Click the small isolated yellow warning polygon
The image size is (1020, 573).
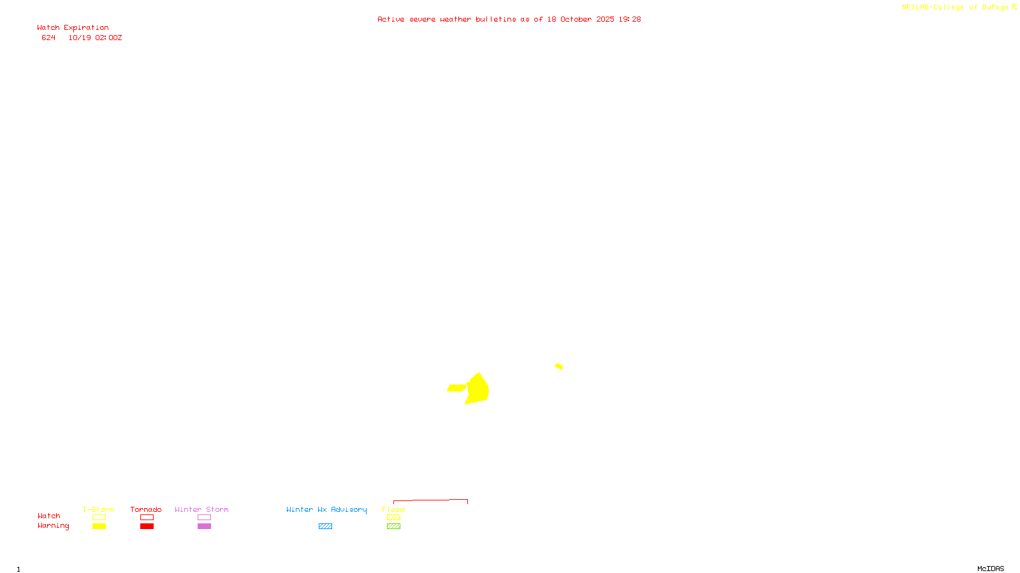pos(559,366)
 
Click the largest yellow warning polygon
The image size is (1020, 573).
pos(478,388)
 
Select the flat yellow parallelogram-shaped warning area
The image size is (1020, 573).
pos(456,388)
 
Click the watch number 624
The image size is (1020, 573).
pos(48,38)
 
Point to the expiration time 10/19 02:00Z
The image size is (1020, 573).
pos(95,38)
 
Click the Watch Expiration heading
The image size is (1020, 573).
pos(73,28)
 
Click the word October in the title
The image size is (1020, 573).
pos(576,20)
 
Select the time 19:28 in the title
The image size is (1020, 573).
pos(630,20)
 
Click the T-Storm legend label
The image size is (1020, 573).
pos(98,509)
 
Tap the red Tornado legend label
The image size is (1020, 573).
pos(146,509)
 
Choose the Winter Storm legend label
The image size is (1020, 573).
pos(201,509)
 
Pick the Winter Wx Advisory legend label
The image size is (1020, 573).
pos(326,509)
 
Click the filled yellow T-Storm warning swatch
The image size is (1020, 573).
pos(99,527)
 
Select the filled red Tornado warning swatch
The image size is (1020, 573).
pos(147,527)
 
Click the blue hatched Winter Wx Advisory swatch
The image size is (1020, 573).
pos(325,527)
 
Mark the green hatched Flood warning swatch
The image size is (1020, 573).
pos(393,527)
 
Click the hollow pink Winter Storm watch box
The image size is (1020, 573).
pos(204,518)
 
